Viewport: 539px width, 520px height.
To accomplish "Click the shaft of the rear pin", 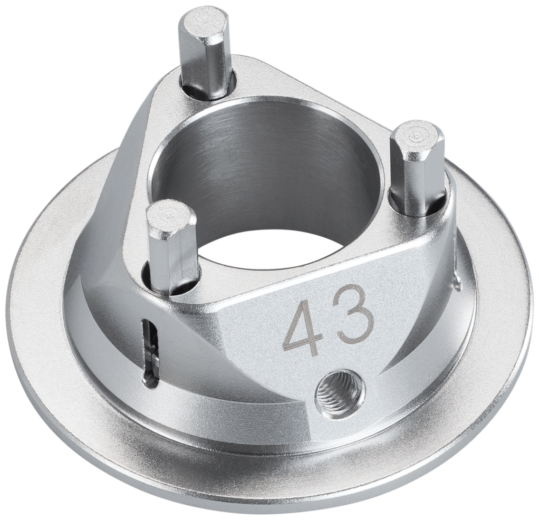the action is coord(206,65).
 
